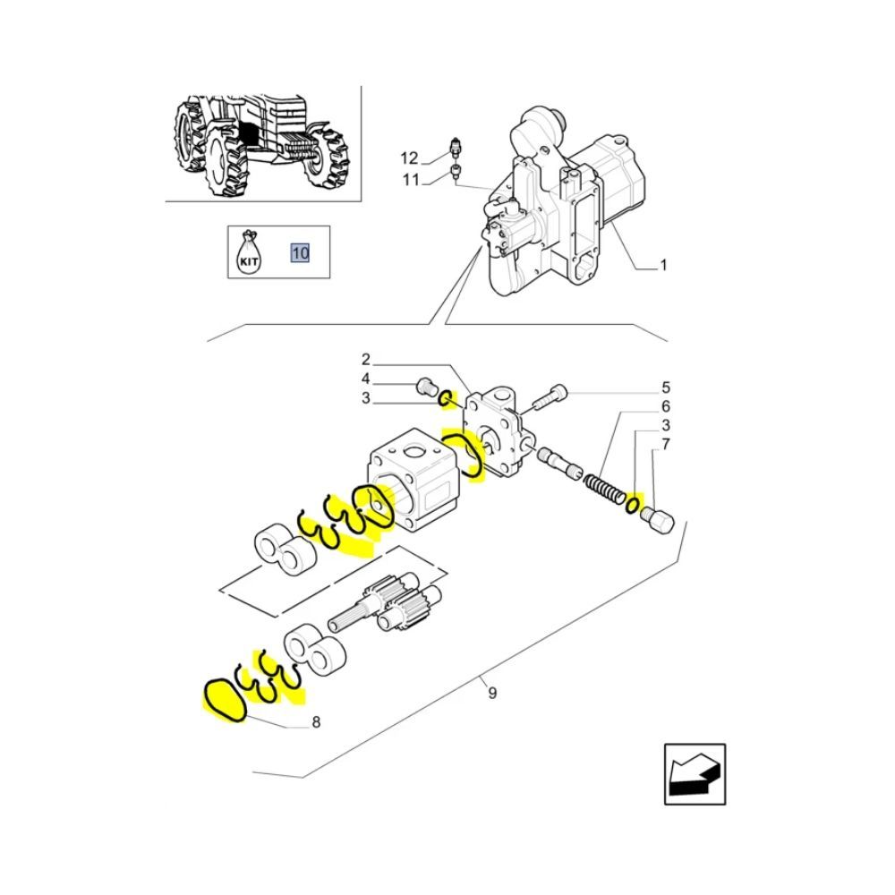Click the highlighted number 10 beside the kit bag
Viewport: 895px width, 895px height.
tap(300, 252)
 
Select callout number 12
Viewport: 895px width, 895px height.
tap(409, 158)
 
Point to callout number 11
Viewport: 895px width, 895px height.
tap(411, 180)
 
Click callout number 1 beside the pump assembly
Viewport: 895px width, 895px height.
tap(663, 265)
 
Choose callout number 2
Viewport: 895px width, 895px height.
tap(366, 359)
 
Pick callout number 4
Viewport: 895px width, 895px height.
tap(366, 379)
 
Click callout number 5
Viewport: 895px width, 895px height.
tap(666, 388)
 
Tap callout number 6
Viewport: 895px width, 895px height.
tap(666, 406)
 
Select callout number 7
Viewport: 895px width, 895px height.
tap(666, 444)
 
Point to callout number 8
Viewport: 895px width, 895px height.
tap(316, 722)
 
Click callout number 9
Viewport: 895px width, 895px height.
tap(492, 693)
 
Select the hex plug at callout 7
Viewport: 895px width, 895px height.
tap(658, 520)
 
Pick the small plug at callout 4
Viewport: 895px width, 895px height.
tap(425, 387)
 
